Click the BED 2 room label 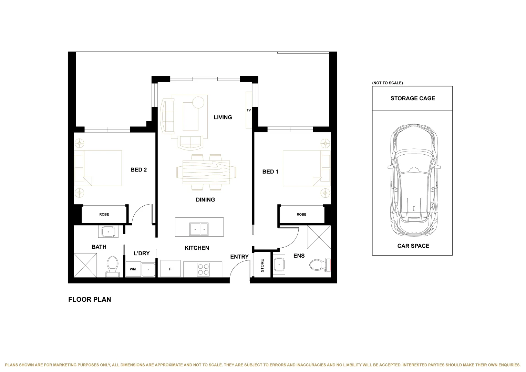[x=138, y=170]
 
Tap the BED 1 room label [x=270, y=172]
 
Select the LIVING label [x=223, y=117]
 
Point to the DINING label [x=205, y=200]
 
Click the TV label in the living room [x=249, y=110]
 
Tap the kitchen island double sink [x=199, y=229]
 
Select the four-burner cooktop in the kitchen [x=203, y=269]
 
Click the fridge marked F [x=171, y=268]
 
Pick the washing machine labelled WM [x=133, y=269]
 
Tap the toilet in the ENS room [x=320, y=265]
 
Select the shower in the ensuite [x=319, y=237]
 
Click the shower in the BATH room [x=85, y=265]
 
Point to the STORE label [x=262, y=266]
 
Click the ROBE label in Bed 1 [x=301, y=214]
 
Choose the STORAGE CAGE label [x=413, y=99]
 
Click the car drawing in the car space [x=414, y=180]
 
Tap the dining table [x=206, y=172]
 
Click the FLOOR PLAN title [x=90, y=299]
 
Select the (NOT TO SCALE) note [x=388, y=83]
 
